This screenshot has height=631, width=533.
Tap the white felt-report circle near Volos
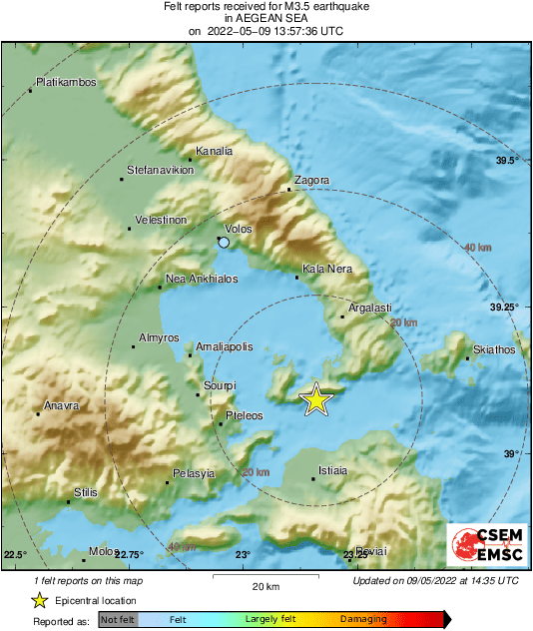(x=224, y=243)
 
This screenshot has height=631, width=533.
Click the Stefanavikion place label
(x=160, y=171)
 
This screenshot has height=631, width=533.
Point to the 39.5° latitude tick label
(x=508, y=160)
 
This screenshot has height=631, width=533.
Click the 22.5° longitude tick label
(x=15, y=554)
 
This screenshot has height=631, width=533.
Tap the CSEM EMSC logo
(x=483, y=545)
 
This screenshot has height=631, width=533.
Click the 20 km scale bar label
(x=265, y=585)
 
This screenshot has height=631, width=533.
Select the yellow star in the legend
(x=39, y=600)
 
